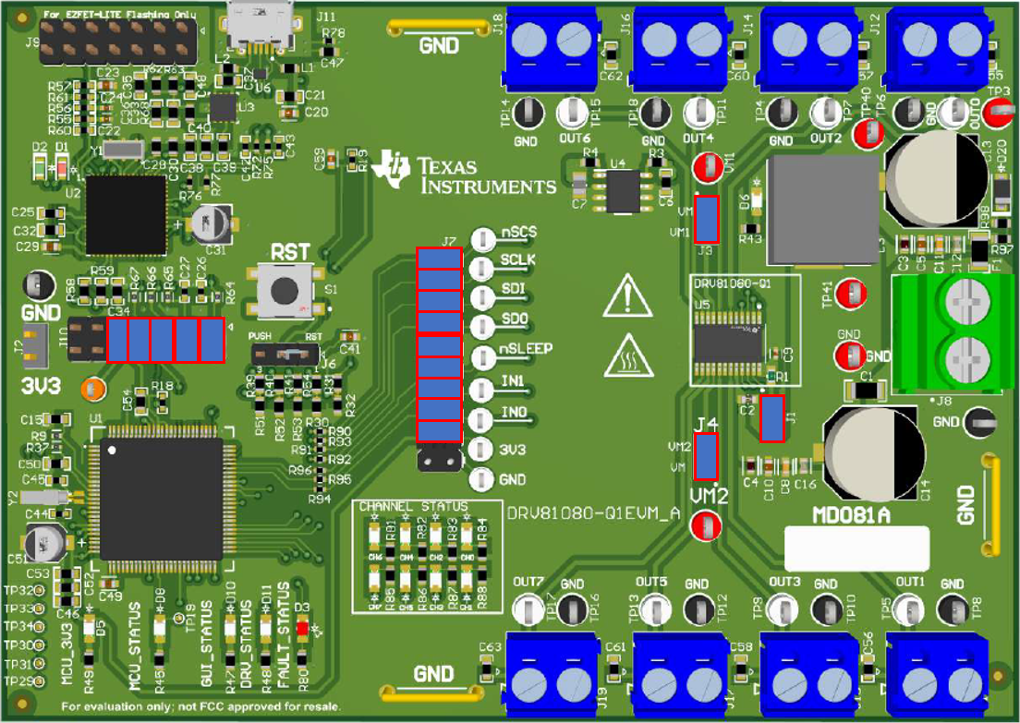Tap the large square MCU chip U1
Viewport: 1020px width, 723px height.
coord(161,499)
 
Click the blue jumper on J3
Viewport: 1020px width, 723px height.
coord(707,219)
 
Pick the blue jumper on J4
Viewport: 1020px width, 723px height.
coord(706,456)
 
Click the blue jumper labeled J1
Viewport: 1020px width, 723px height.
coord(771,418)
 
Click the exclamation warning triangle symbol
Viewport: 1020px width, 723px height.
coord(628,296)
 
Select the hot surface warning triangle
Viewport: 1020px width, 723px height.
coord(628,357)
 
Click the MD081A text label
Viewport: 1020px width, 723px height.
coord(850,515)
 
